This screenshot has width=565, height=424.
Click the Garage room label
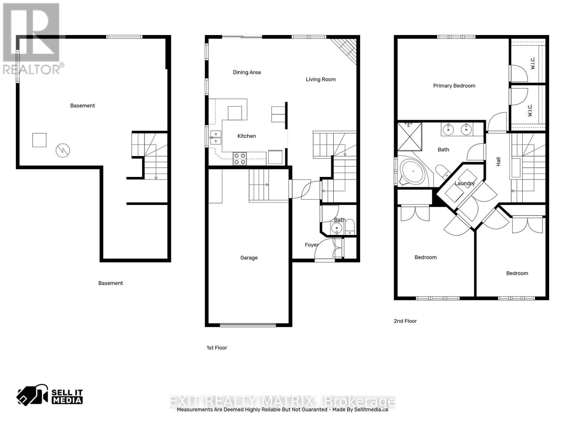coord(249,258)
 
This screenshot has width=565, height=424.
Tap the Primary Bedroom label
coord(454,86)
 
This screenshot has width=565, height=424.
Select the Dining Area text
coord(246,72)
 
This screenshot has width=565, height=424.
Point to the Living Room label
coord(321,79)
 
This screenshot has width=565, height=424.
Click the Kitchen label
coord(246,136)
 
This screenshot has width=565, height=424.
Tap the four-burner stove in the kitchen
coord(240,158)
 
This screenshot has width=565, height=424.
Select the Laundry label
coord(464,183)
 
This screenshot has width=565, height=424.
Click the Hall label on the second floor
coord(498,161)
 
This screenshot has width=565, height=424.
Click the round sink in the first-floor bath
coord(337,229)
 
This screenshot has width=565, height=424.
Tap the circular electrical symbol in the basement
coord(63,151)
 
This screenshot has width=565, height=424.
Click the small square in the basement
coord(39,140)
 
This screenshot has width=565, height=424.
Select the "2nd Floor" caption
coord(405,321)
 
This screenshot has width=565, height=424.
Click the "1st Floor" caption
coord(217,348)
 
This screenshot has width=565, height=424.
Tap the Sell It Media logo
coord(50,396)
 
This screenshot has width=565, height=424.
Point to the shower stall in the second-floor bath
coord(410,136)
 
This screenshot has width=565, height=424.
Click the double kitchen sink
coord(216,137)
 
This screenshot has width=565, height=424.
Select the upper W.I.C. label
coord(533,63)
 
